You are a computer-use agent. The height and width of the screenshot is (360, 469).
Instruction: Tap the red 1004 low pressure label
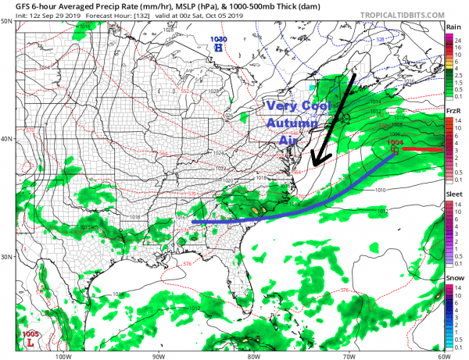[x=396, y=142]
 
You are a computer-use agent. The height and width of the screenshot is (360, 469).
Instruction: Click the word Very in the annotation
[x=280, y=107]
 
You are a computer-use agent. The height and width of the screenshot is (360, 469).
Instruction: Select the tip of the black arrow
[x=312, y=165]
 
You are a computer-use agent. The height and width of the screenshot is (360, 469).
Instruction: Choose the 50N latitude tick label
[x=6, y=20]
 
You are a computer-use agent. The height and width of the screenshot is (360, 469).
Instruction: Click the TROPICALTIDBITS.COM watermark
[x=399, y=14]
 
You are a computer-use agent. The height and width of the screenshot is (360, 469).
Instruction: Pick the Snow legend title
[x=453, y=277]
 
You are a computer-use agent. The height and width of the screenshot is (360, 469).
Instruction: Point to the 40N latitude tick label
[x=6, y=138]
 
